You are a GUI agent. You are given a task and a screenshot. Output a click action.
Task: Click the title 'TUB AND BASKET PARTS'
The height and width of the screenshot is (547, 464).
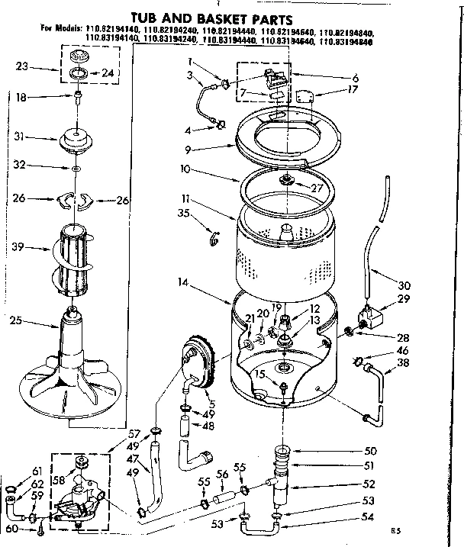pos(231,15)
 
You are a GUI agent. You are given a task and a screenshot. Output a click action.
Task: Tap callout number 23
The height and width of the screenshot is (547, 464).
pos(22,67)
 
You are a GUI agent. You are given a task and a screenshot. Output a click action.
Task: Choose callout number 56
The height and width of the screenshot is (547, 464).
pos(221,474)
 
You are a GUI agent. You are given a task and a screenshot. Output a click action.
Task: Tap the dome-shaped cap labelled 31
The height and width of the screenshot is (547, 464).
pos(79,141)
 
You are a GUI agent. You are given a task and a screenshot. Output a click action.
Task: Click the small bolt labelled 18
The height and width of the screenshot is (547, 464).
pos(79,97)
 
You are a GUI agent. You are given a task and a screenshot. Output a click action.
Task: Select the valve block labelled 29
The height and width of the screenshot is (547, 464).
pos(369,314)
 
